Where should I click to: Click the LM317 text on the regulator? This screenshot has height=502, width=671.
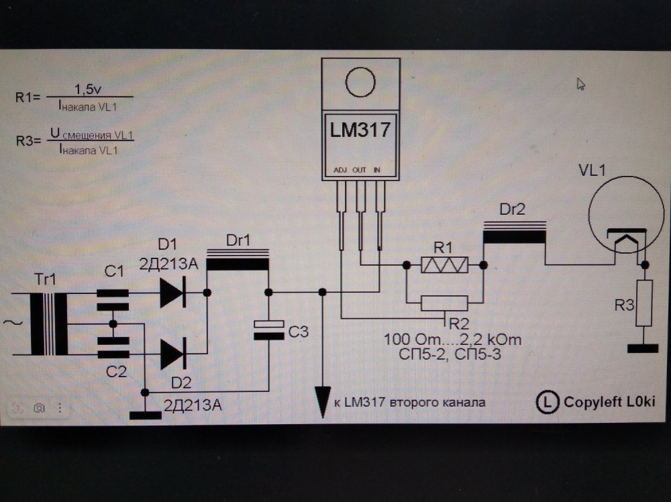360,130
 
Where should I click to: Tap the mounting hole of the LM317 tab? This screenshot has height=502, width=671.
361,83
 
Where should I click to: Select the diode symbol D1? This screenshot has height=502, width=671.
172,293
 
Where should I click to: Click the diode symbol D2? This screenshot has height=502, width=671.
172,355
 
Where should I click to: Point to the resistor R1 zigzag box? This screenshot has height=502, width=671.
444,265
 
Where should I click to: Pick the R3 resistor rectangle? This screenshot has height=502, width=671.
644,303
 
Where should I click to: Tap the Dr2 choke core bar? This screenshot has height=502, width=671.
514,237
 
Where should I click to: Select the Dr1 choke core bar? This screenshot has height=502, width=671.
238,264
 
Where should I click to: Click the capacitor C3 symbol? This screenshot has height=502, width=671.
268,329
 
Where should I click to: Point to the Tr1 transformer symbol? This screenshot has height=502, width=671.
49,324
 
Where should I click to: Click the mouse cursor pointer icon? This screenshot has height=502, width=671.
581,84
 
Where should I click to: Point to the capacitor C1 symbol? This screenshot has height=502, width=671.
112,299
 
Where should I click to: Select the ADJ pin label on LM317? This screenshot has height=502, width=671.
340,170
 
